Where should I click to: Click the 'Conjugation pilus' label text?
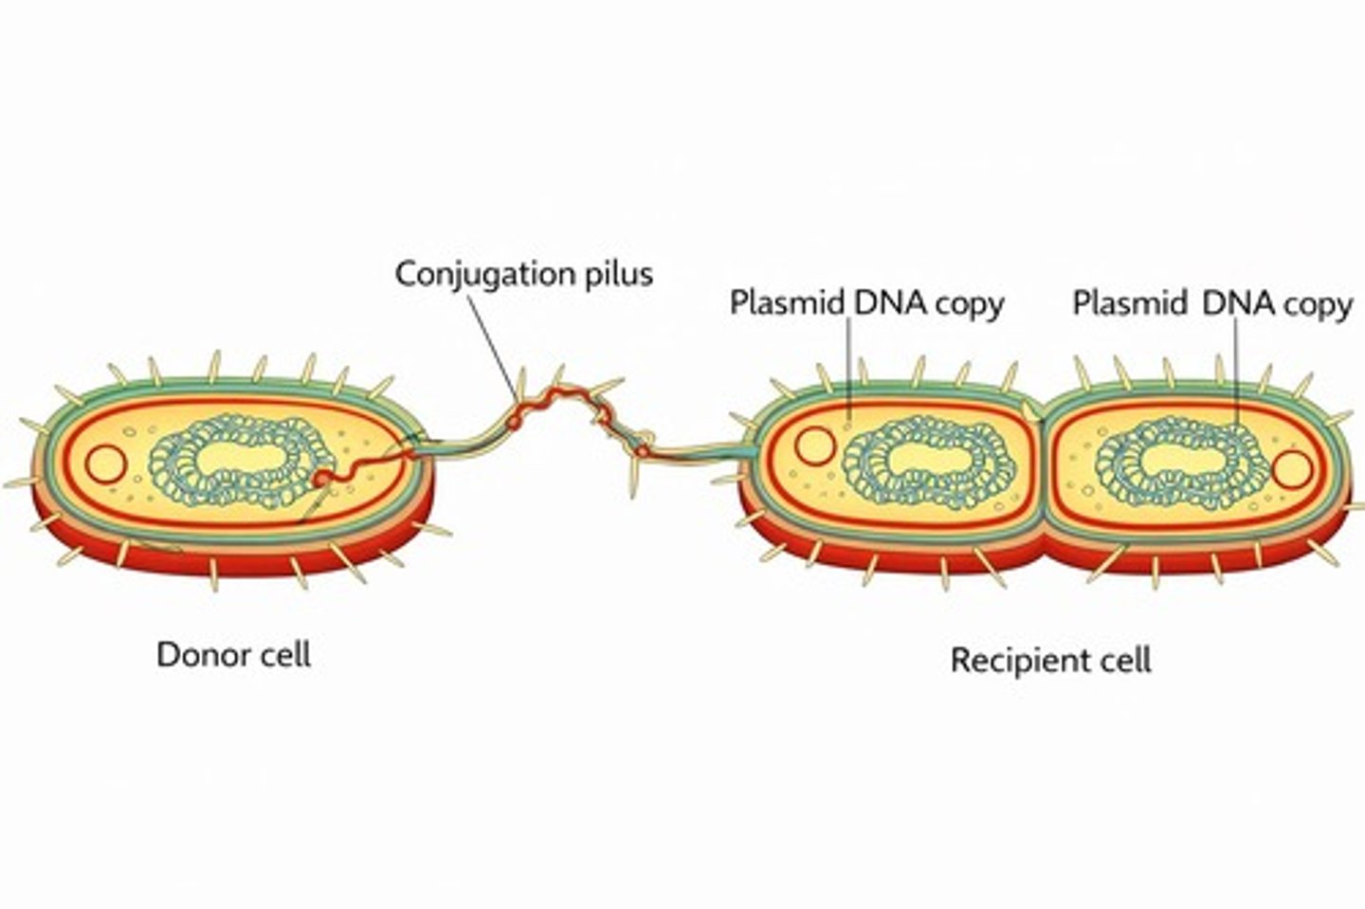click(523, 274)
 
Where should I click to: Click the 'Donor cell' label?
click(233, 655)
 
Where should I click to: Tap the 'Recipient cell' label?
click(1050, 660)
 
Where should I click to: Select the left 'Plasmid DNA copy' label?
click(866, 303)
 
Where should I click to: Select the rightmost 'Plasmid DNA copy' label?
click(1212, 304)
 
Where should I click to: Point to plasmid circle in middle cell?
click(813, 445)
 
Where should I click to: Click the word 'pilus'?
click(616, 274)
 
